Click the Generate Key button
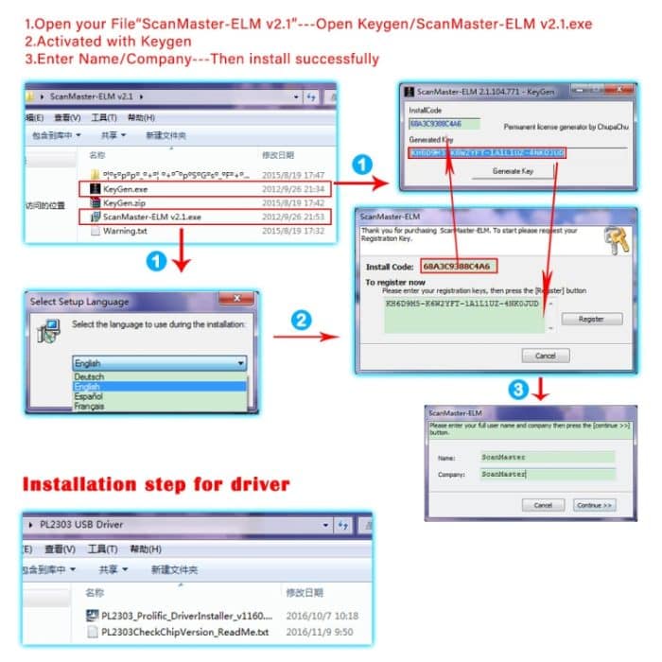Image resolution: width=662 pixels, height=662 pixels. (514, 171)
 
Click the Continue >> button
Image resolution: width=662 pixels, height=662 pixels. (594, 505)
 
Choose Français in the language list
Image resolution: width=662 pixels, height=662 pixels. (91, 407)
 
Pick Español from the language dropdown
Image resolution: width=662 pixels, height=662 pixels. (91, 396)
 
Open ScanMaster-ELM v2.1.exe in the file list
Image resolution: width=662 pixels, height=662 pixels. (151, 217)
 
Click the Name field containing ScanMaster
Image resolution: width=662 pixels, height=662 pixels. (547, 458)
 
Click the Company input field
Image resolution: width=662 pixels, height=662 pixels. (547, 474)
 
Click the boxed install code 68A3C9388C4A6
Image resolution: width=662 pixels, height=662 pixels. (460, 266)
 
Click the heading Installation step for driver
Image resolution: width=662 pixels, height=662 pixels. (155, 485)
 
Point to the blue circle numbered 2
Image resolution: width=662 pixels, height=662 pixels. (301, 320)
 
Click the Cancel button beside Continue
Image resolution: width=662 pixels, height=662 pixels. (542, 505)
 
